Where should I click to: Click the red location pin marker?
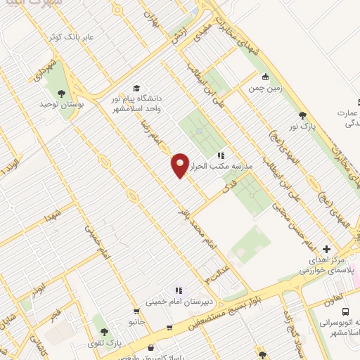180,165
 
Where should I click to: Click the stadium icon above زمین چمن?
265,77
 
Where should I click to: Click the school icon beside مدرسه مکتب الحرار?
220,155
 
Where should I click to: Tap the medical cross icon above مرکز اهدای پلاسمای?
327,249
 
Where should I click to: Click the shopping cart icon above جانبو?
169,328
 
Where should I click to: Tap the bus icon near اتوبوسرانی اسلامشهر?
345,311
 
